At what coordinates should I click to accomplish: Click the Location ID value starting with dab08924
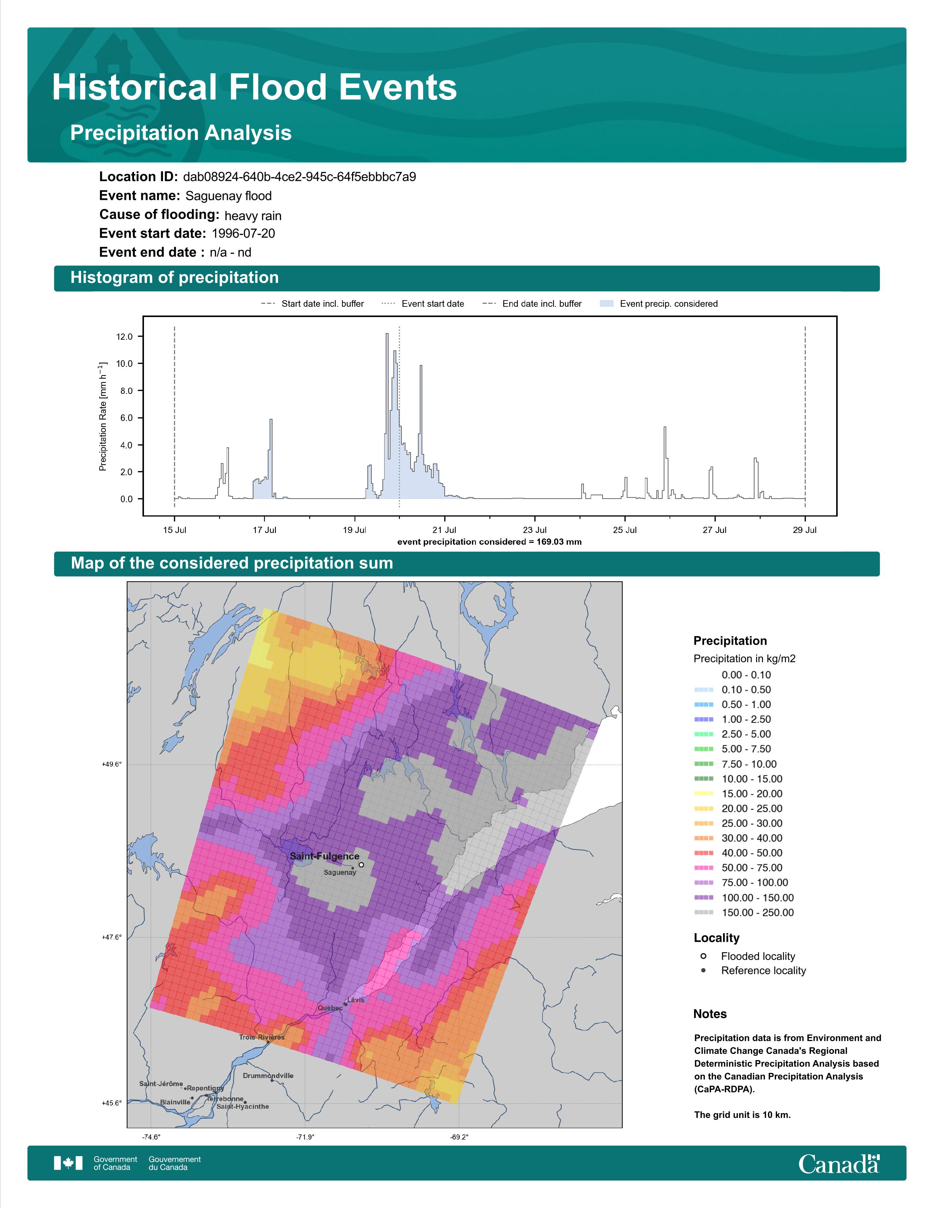(x=299, y=177)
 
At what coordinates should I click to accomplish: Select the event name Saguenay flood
(x=229, y=196)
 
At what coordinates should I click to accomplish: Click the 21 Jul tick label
(x=444, y=530)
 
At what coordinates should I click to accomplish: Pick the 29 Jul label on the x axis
(x=805, y=530)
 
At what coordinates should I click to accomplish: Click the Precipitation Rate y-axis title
(x=102, y=417)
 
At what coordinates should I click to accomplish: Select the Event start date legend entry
(x=423, y=304)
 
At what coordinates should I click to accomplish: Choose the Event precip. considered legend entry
(x=659, y=304)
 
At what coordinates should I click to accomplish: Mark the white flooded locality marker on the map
(x=361, y=865)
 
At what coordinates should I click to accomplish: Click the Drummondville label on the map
(x=268, y=1076)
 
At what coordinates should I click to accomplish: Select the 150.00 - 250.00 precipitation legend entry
(x=744, y=913)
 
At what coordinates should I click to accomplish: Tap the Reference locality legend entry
(x=753, y=970)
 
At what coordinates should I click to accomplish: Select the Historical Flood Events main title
(x=255, y=87)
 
